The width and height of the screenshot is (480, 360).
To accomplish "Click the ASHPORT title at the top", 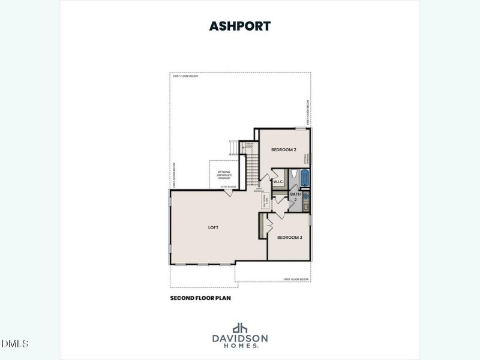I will pyautogui.click(x=239, y=26).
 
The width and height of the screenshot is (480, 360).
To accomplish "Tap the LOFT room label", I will pyautogui.click(x=212, y=228).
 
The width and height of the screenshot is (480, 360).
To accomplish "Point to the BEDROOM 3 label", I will pyautogui.click(x=289, y=238).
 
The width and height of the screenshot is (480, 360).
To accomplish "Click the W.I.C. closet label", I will pyautogui.click(x=278, y=181).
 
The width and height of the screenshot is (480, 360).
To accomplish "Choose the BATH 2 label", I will pyautogui.click(x=295, y=196).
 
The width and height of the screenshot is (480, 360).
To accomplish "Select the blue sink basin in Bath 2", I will pyautogui.click(x=306, y=196).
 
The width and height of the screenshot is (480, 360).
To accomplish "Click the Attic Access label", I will pyautogui.click(x=228, y=187).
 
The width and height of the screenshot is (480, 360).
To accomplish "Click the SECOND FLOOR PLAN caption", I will pyautogui.click(x=200, y=297).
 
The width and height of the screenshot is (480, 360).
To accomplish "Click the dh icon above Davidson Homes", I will pyautogui.click(x=240, y=328).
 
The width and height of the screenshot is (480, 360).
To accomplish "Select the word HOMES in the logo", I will pyautogui.click(x=239, y=346).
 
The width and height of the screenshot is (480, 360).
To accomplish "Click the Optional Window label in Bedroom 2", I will pyautogui.click(x=306, y=158).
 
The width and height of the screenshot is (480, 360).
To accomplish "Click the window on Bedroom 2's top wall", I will pyautogui.click(x=301, y=128).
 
